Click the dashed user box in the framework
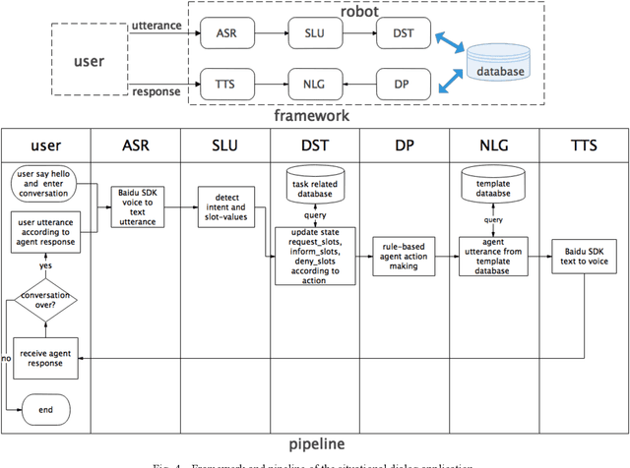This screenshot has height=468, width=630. point(90,60)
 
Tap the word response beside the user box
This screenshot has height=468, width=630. point(157,91)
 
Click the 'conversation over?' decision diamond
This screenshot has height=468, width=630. point(44,297)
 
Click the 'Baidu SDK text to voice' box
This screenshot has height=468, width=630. point(584,258)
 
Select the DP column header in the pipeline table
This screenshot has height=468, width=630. point(405,146)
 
